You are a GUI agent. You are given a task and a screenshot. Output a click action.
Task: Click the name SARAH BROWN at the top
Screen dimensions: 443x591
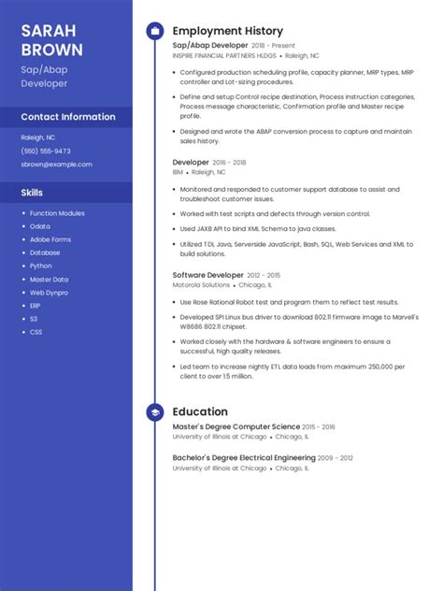(52, 40)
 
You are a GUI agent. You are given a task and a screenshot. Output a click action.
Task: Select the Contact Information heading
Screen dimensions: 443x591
(68, 117)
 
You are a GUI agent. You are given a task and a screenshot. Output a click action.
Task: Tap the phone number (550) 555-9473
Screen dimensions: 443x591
(46, 151)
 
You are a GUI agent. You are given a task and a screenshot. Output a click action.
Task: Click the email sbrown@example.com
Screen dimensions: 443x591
(56, 164)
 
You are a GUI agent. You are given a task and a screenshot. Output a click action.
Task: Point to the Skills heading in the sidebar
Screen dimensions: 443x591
(32, 193)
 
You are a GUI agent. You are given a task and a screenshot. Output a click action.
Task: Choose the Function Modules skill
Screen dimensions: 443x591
(57, 213)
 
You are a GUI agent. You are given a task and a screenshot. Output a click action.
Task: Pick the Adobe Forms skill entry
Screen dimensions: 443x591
(50, 239)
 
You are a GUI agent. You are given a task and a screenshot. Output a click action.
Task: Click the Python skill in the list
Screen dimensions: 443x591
(41, 266)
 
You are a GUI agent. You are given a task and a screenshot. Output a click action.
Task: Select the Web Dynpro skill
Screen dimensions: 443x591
(50, 292)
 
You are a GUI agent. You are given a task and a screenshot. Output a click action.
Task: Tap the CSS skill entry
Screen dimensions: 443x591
(36, 332)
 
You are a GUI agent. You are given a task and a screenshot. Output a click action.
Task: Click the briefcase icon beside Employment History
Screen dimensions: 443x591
(154, 31)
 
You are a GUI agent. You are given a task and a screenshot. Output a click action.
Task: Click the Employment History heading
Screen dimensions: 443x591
(227, 31)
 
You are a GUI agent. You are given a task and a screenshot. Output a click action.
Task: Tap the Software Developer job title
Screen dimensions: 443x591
(207, 275)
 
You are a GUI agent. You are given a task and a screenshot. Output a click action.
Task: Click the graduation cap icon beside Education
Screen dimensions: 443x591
(154, 411)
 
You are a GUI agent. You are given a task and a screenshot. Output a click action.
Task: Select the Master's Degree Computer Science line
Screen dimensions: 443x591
(233, 426)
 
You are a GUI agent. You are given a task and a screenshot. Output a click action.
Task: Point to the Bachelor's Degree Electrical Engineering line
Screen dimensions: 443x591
(244, 457)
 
